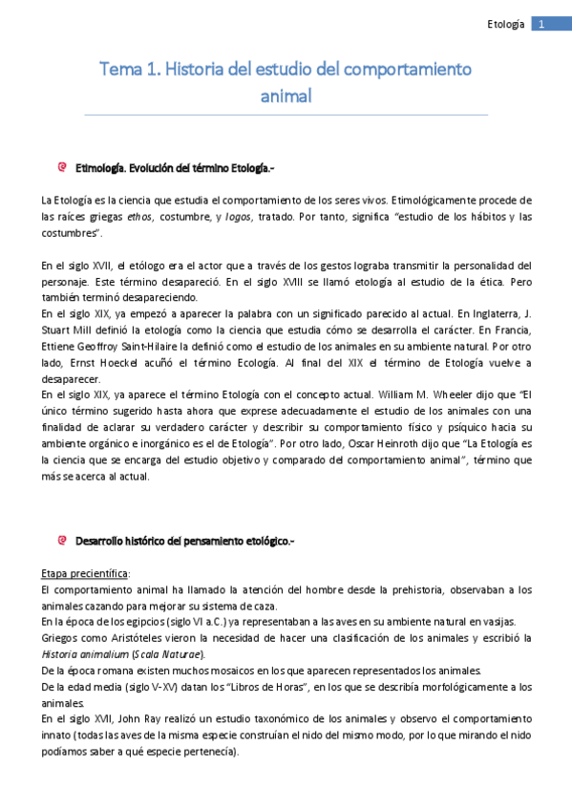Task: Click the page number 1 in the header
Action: click(x=540, y=24)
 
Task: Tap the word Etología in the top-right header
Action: click(x=506, y=24)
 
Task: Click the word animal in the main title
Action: click(x=286, y=96)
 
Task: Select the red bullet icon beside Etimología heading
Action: click(x=63, y=167)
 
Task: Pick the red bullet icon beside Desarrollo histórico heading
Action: click(x=63, y=541)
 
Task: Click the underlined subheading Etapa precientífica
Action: click(x=86, y=573)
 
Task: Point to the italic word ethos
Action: click(x=141, y=217)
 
